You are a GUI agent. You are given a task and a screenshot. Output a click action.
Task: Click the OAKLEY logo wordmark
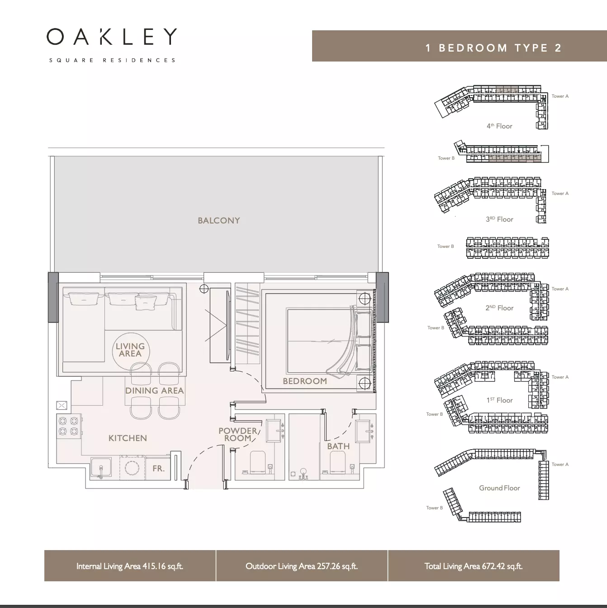pos(112,37)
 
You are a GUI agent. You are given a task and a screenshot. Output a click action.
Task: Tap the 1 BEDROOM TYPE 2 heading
pos(494,48)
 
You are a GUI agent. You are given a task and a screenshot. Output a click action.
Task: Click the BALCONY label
pos(219,221)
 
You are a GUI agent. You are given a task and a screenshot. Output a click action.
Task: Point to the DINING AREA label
pos(155,390)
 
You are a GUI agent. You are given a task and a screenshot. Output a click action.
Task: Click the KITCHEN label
pos(128,438)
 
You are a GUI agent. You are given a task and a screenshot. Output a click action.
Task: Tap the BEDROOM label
pos(305,381)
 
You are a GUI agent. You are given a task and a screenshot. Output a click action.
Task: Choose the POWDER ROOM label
pos(238,434)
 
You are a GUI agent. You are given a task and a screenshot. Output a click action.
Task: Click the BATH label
pos(338,446)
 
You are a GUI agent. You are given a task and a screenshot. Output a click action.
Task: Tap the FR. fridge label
pos(158,469)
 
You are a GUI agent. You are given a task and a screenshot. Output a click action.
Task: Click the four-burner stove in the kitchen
pos(68,426)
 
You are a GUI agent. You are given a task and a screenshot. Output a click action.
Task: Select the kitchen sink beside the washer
pos(101,469)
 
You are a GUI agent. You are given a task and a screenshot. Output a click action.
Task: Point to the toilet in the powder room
pos(257,462)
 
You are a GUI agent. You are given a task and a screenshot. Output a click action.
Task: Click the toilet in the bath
pos(337,462)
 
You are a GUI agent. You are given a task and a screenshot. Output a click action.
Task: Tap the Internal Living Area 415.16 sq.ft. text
pos(130,566)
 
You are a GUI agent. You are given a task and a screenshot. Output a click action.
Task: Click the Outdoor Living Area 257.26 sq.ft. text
pos(302,566)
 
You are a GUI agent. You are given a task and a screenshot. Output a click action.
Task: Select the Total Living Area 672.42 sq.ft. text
pos(474,566)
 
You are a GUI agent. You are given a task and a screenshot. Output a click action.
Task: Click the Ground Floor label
pos(499,488)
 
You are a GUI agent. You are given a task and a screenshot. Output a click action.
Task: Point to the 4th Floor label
pos(499,126)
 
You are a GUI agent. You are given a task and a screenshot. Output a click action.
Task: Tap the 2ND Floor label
pos(499,308)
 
